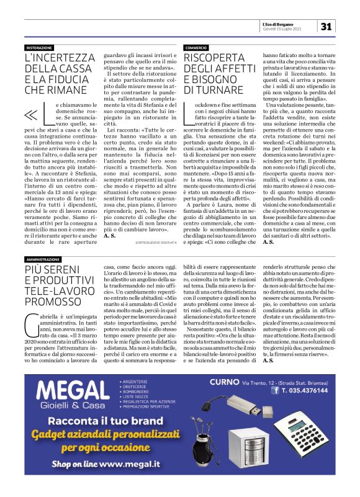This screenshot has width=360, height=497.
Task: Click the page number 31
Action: click(x=328, y=26)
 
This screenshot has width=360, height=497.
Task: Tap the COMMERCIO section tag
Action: click(x=196, y=48)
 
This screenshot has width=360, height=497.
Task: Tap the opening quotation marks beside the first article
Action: click(x=32, y=115)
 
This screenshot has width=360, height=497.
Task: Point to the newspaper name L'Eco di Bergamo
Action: click(x=294, y=23)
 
